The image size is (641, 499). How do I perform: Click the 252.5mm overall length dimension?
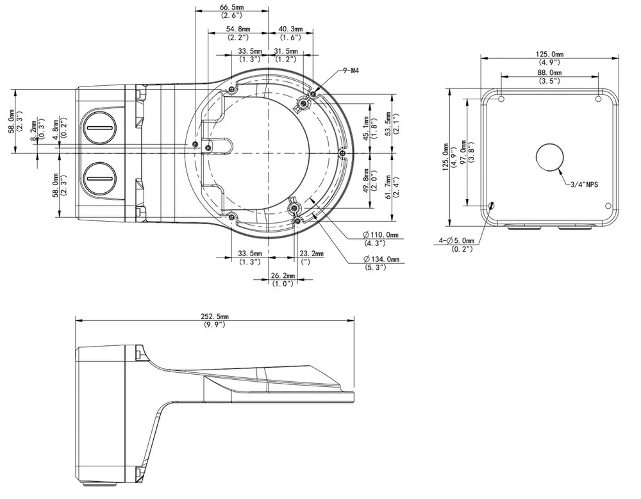[215, 316]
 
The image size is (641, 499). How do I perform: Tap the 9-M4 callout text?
[351, 70]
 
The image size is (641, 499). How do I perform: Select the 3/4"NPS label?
[584, 184]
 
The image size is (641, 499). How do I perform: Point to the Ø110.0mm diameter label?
[380, 234]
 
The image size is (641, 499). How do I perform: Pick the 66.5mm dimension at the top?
[232, 7]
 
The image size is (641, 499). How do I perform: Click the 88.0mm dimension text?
[549, 72]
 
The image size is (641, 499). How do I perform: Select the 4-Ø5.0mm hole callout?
[456, 241]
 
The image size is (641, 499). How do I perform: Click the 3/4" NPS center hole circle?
[550, 157]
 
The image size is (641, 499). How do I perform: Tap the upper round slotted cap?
[99, 127]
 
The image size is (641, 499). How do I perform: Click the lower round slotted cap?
[100, 179]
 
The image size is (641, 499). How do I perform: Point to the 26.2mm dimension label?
[283, 276]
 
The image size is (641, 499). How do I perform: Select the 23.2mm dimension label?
[312, 254]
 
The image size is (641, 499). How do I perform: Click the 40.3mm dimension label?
[290, 29]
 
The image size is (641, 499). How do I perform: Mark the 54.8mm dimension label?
[238, 29]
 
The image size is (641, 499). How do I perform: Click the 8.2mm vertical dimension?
[34, 131]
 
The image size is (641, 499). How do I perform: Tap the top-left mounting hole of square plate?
[502, 99]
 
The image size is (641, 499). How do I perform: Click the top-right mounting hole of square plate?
[598, 99]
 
